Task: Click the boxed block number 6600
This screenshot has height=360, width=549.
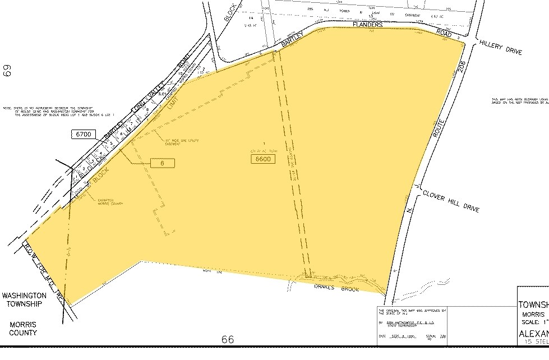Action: pyautogui.click(x=262, y=159)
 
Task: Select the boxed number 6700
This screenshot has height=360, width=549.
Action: pyautogui.click(x=84, y=134)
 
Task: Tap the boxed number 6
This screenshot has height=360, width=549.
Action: pyautogui.click(x=163, y=163)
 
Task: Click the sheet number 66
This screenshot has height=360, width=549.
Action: pyautogui.click(x=227, y=339)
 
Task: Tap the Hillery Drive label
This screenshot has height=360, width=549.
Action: pyautogui.click(x=500, y=48)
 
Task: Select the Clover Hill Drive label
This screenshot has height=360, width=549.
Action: pyautogui.click(x=451, y=199)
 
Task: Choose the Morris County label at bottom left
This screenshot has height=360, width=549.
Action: pyautogui.click(x=23, y=328)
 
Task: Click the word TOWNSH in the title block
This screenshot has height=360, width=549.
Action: pyautogui.click(x=533, y=305)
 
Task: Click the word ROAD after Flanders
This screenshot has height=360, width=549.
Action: pyautogui.click(x=445, y=34)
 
